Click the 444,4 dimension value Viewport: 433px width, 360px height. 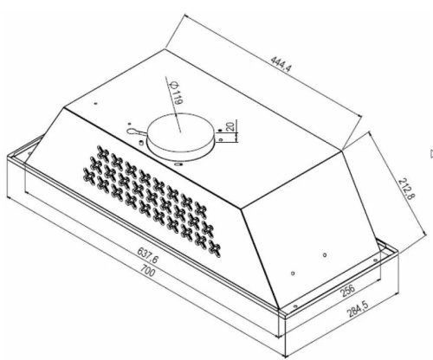click(281, 68)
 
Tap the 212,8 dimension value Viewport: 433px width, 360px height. click(407, 189)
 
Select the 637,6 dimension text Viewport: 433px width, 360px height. click(148, 255)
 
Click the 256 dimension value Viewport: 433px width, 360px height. click(348, 290)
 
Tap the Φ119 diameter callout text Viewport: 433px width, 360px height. click(176, 93)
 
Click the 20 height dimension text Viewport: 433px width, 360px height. click(229, 126)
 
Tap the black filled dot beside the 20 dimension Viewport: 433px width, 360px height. click(220, 131)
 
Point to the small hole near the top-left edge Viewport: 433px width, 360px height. click(96, 104)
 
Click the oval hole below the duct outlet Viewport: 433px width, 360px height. click(178, 164)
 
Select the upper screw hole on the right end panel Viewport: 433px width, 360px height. click(325, 254)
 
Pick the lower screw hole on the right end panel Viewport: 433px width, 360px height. click(293, 273)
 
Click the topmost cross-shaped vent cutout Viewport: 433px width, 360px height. click(103, 153)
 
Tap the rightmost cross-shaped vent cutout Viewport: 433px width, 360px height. click(215, 249)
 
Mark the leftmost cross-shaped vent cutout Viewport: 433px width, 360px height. click(89, 175)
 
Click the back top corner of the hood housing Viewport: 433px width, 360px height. click(165, 49)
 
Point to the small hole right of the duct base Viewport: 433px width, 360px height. click(221, 140)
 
